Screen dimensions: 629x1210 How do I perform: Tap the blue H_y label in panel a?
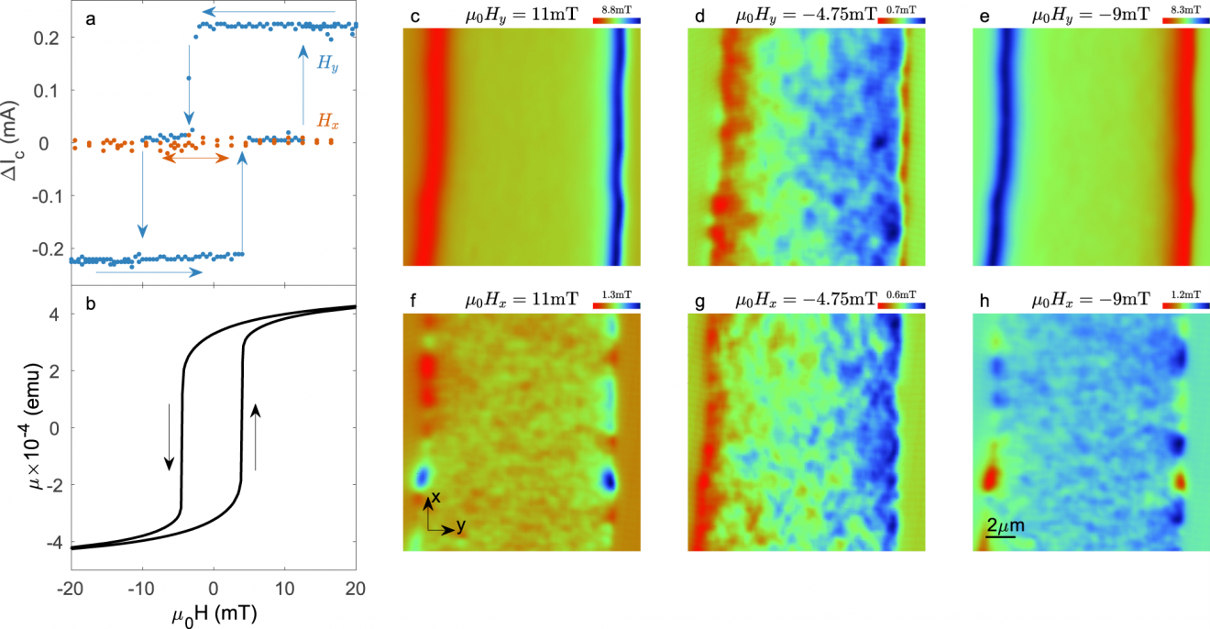click(325, 63)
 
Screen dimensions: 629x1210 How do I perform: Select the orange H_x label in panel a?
click(328, 119)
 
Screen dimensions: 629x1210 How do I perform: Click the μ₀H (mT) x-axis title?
click(214, 613)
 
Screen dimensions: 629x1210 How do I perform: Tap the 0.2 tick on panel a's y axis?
click(52, 38)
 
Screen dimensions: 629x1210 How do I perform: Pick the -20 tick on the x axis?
click(70, 588)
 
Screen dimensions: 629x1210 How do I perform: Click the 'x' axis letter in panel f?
click(437, 496)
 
